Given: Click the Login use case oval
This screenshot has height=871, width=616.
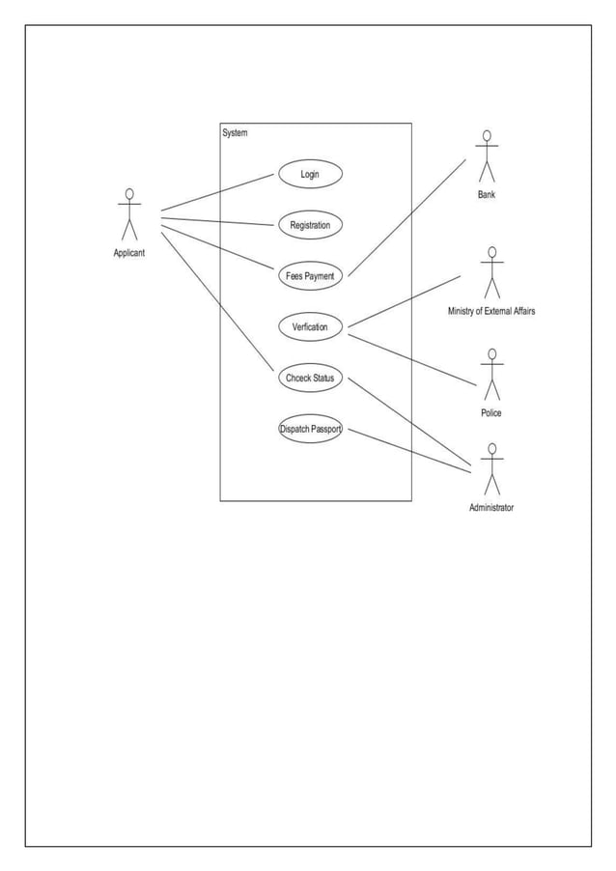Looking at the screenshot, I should point(310,174).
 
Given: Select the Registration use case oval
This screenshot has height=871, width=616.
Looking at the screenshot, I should point(310,225).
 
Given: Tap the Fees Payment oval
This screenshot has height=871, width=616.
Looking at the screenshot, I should point(310,276).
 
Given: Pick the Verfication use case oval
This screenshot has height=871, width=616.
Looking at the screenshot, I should point(310,327).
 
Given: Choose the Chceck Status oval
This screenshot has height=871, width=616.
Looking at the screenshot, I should point(310,378).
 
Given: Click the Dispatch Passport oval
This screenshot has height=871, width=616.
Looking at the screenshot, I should point(310,429).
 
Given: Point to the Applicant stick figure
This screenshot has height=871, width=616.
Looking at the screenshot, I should point(129,213).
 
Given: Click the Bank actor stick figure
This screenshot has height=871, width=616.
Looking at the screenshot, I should point(487,155).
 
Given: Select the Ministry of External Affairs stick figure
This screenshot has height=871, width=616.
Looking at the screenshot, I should point(491,272).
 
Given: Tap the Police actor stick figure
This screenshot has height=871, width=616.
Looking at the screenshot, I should point(491,375).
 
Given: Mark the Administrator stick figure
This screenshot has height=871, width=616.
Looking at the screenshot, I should point(491,469).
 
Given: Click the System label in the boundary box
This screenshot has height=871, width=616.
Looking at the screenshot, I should point(235,133).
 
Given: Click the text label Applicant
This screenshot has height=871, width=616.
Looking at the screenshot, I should point(129,253).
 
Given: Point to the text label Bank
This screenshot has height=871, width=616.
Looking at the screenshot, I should point(487,195).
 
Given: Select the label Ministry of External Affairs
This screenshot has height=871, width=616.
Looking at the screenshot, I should point(491,312).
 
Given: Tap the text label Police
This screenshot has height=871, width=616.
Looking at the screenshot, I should point(491,413).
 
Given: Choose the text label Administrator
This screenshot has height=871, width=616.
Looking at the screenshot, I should point(491,508).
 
